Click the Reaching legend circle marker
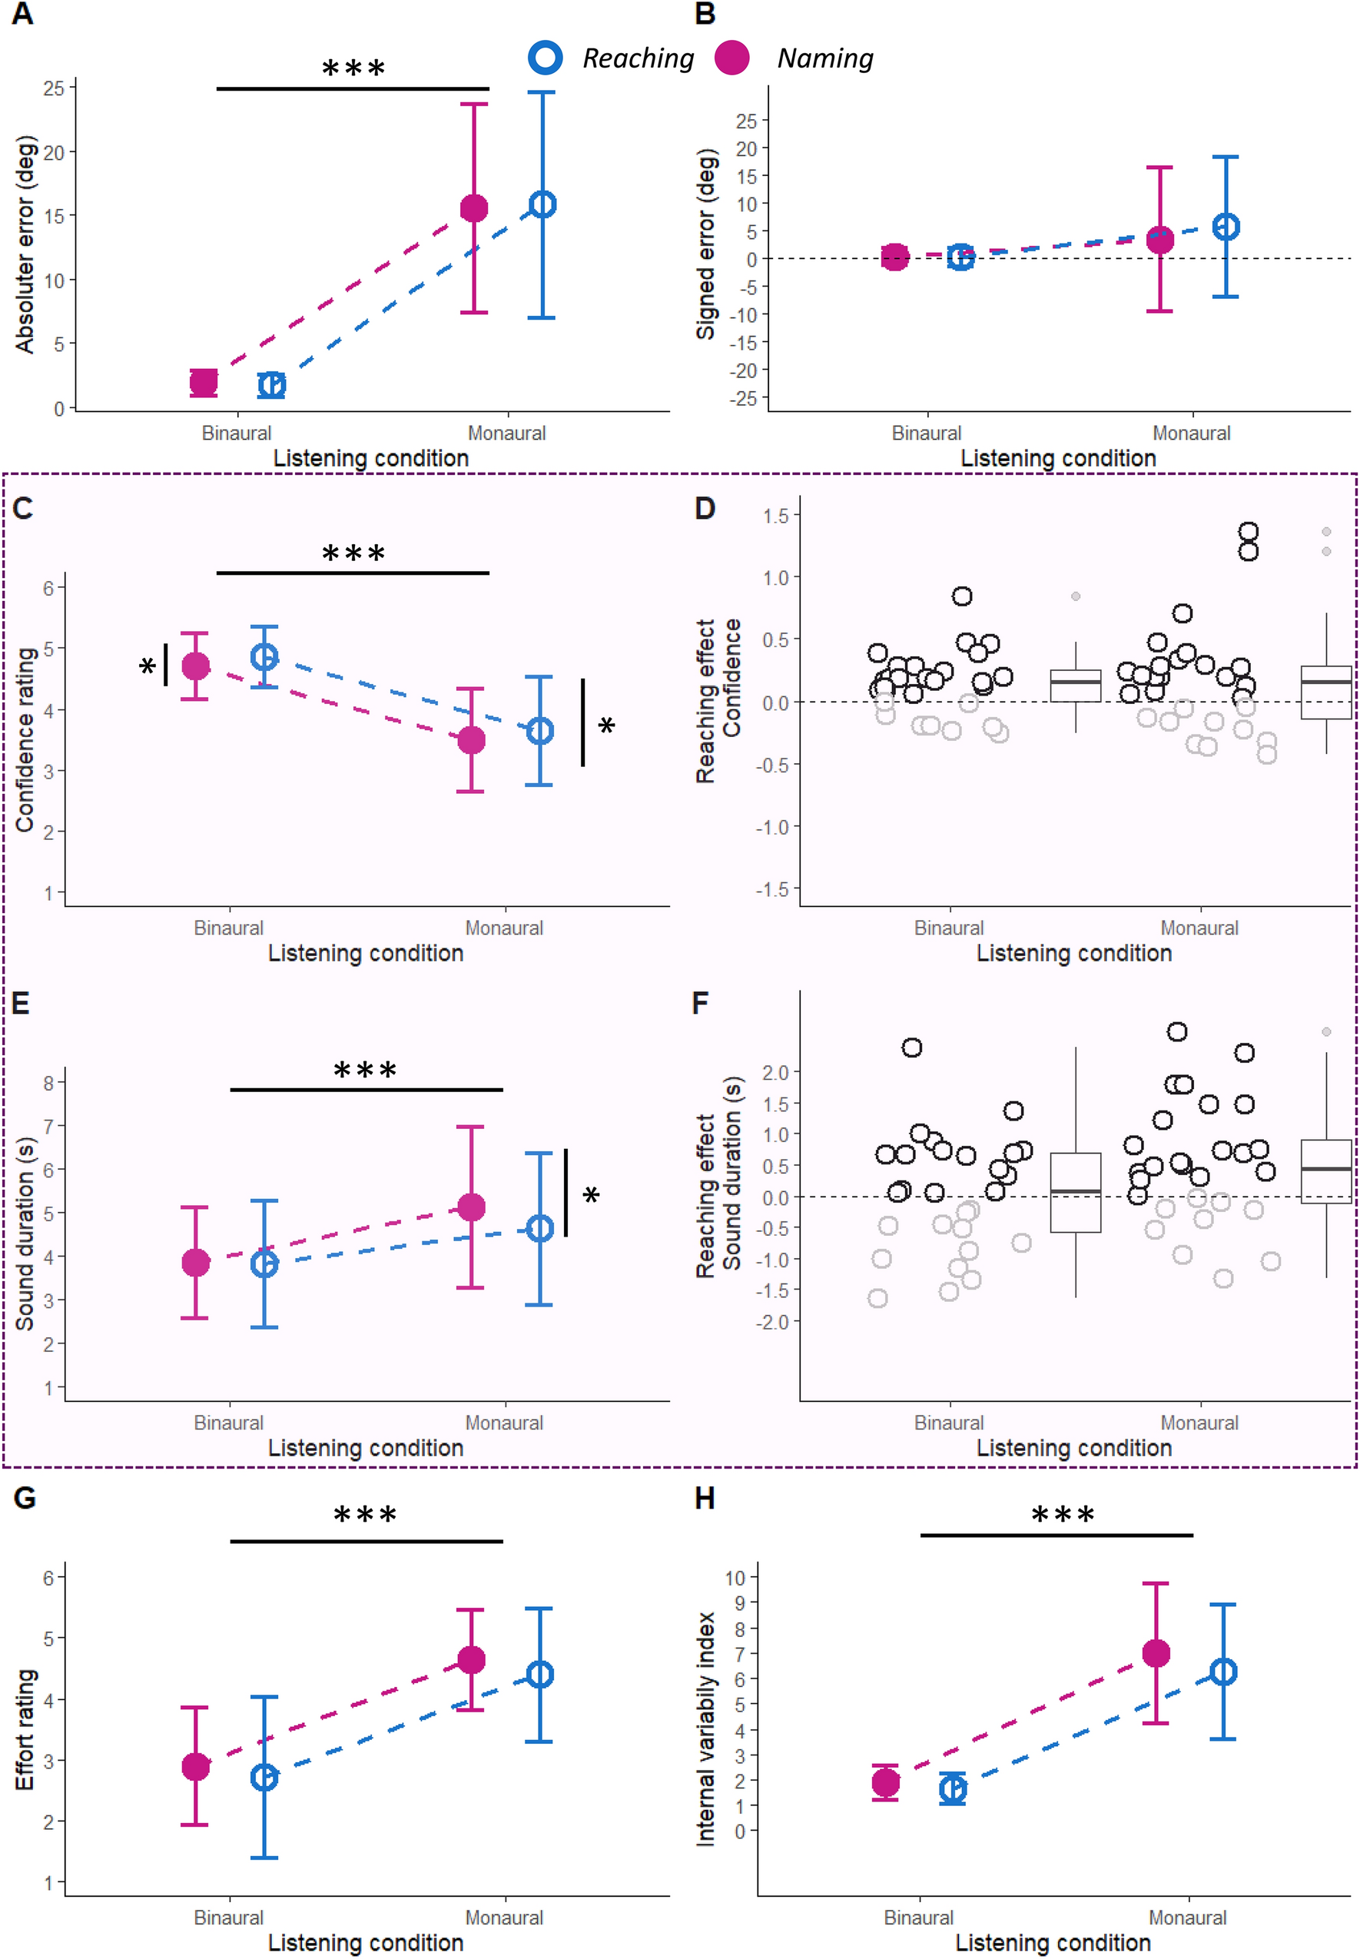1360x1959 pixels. click(x=545, y=57)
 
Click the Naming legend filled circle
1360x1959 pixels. click(x=731, y=57)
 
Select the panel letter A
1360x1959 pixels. click(x=23, y=15)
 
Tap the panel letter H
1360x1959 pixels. click(x=705, y=1499)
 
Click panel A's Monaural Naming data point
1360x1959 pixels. click(x=474, y=208)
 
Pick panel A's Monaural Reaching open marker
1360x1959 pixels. click(x=542, y=204)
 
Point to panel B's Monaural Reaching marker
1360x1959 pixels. click(x=1226, y=227)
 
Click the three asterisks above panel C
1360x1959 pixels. click(x=353, y=554)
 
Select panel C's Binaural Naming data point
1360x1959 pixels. click(x=196, y=666)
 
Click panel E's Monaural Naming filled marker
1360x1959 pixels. click(x=471, y=1207)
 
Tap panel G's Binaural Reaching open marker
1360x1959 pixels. click(x=264, y=1778)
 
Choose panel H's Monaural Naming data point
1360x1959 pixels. click(x=1156, y=1653)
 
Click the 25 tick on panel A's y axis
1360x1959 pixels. click(x=54, y=88)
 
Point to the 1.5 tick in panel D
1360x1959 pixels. click(x=775, y=516)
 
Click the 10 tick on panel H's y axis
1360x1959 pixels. click(x=735, y=1577)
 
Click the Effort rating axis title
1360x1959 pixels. click(x=25, y=1729)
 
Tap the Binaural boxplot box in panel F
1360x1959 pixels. click(x=1076, y=1192)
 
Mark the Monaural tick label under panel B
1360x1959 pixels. click(x=1191, y=433)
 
